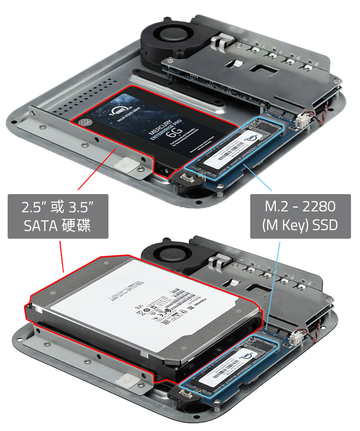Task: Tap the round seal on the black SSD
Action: pyautogui.click(x=84, y=122)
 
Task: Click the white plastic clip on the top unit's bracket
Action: pyautogui.click(x=126, y=166)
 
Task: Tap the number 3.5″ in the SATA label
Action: pyautogui.click(x=81, y=208)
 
